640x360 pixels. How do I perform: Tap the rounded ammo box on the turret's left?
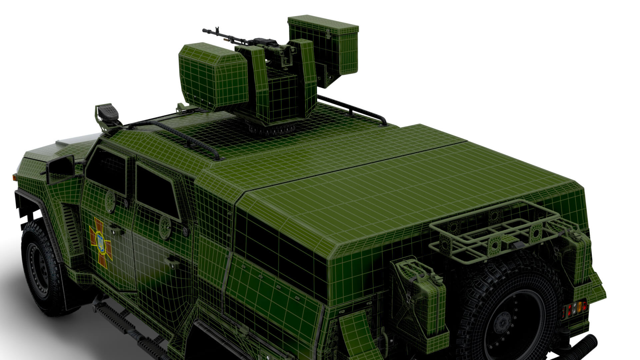pyautogui.click(x=214, y=76)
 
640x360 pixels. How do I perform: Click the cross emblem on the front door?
pyautogui.click(x=100, y=238)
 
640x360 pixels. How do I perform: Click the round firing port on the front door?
pyautogui.click(x=110, y=201)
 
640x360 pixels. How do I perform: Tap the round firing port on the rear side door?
pyautogui.click(x=165, y=227)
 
